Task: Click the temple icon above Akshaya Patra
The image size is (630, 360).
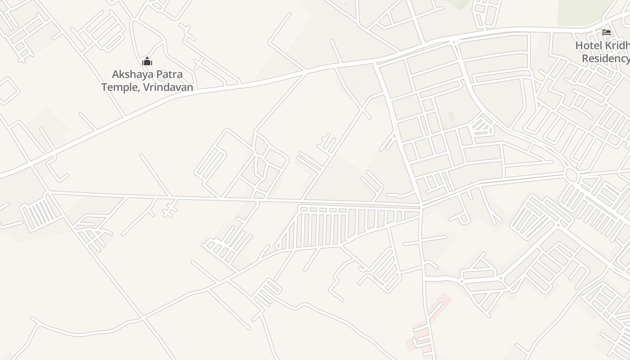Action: (147, 62)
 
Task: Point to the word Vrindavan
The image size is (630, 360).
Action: (168, 87)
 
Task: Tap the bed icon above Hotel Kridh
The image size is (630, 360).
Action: (607, 32)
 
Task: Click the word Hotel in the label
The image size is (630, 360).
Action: (589, 45)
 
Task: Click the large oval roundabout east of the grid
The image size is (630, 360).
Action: (571, 175)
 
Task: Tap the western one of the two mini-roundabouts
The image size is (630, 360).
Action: (462, 281)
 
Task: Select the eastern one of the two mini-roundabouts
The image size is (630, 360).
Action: (500, 278)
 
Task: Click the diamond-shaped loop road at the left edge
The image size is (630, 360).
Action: (8, 91)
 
